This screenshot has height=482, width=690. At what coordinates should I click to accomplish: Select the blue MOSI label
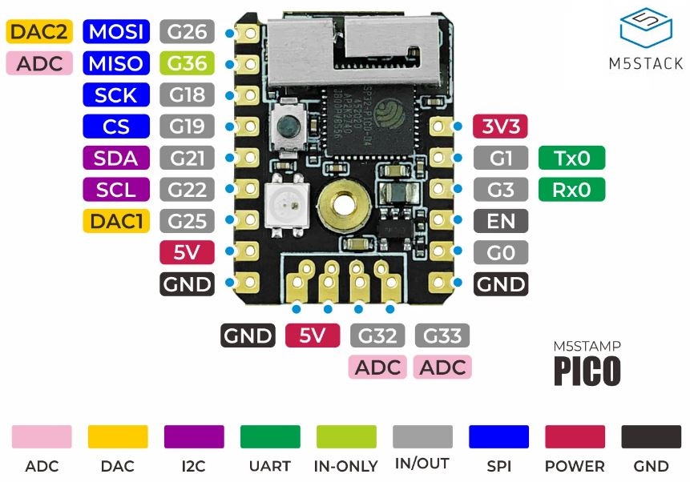(x=117, y=32)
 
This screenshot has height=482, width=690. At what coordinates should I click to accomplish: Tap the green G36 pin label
(x=187, y=63)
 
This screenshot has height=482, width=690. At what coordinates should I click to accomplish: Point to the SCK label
(x=117, y=95)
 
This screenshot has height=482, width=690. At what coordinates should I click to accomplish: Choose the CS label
(x=117, y=127)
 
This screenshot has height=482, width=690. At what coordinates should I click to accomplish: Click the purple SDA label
(x=117, y=158)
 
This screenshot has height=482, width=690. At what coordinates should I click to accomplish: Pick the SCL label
(x=117, y=190)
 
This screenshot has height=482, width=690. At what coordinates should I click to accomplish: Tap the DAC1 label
(x=117, y=221)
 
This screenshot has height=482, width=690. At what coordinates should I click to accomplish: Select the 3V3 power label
(x=502, y=127)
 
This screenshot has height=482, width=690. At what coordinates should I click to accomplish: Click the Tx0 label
(x=572, y=159)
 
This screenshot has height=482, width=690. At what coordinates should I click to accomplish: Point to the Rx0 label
(x=572, y=190)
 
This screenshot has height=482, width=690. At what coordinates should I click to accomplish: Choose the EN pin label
(x=502, y=221)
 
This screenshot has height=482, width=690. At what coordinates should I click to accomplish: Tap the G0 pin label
(x=502, y=252)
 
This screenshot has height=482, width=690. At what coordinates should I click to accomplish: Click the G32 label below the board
(x=377, y=335)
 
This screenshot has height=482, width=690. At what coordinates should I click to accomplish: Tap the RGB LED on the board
(x=283, y=210)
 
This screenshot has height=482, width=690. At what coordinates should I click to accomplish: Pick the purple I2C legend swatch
(x=194, y=437)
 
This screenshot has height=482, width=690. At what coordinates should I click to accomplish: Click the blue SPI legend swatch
(x=498, y=437)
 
